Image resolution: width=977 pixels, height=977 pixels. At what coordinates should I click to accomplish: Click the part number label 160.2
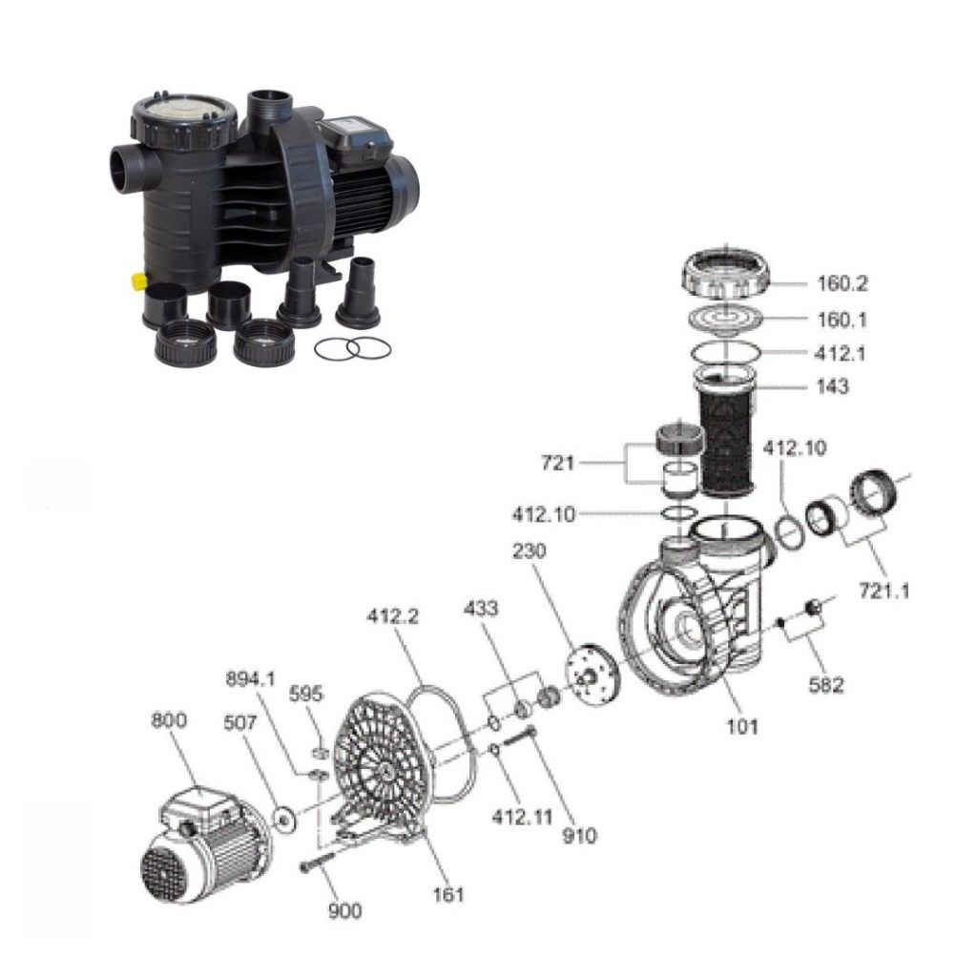(842, 283)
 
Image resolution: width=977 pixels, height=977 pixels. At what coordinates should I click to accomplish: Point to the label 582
(826, 682)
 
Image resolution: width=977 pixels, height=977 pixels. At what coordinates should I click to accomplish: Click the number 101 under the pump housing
(742, 726)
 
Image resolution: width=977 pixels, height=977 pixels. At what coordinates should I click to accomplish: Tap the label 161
(447, 894)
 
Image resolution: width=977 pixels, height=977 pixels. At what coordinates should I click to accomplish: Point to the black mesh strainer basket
(727, 438)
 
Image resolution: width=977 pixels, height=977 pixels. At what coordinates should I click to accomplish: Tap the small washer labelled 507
(283, 817)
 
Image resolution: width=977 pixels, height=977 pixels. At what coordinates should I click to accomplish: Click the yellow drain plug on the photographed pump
(136, 281)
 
